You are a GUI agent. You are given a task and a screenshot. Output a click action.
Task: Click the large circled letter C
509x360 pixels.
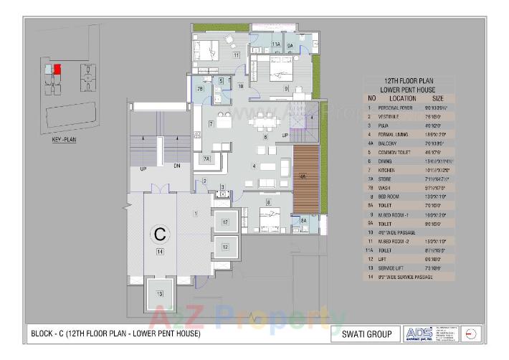click(160, 234)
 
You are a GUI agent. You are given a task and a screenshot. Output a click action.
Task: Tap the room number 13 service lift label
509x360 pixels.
click(160, 294)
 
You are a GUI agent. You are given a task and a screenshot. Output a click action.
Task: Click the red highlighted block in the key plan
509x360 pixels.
click(58, 69)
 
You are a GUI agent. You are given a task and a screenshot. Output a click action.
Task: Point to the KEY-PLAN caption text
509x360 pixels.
click(64, 141)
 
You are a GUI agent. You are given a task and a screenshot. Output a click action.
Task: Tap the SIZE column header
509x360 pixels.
click(438, 98)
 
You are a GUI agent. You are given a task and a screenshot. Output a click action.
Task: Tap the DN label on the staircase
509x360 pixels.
click(176, 166)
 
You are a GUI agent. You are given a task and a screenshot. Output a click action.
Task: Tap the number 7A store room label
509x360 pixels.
click(206, 158)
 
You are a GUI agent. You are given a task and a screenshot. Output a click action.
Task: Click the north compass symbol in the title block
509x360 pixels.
click(470, 334)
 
